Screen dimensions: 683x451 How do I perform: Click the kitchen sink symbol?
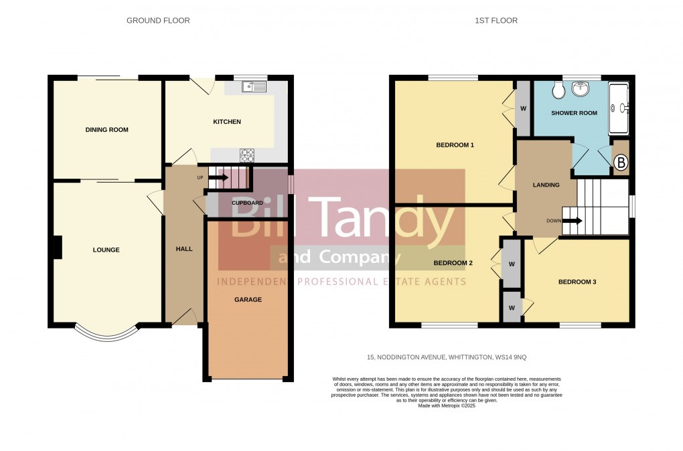(254, 86)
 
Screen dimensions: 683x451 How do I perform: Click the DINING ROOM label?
(106, 130)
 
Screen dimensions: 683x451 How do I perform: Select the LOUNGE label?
(106, 250)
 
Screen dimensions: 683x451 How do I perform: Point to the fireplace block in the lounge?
(57, 248)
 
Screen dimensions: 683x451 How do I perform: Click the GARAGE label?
(248, 300)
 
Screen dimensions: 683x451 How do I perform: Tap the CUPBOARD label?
(247, 203)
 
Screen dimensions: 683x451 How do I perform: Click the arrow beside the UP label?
(218, 177)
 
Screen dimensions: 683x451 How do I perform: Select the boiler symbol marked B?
(621, 163)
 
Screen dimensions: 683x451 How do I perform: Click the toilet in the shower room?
(558, 90)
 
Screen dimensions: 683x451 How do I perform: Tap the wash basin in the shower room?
(581, 88)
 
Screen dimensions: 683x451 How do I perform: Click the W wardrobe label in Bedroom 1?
(523, 109)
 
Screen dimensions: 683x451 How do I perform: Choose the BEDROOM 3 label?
(577, 282)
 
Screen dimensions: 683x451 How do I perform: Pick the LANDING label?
(546, 185)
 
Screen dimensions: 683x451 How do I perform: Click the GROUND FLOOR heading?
(158, 21)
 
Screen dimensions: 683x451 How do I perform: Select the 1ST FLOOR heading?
(496, 21)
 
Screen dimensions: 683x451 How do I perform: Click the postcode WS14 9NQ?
(510, 357)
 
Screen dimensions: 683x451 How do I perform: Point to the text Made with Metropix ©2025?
(447, 405)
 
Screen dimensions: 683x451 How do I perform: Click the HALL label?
(184, 249)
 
